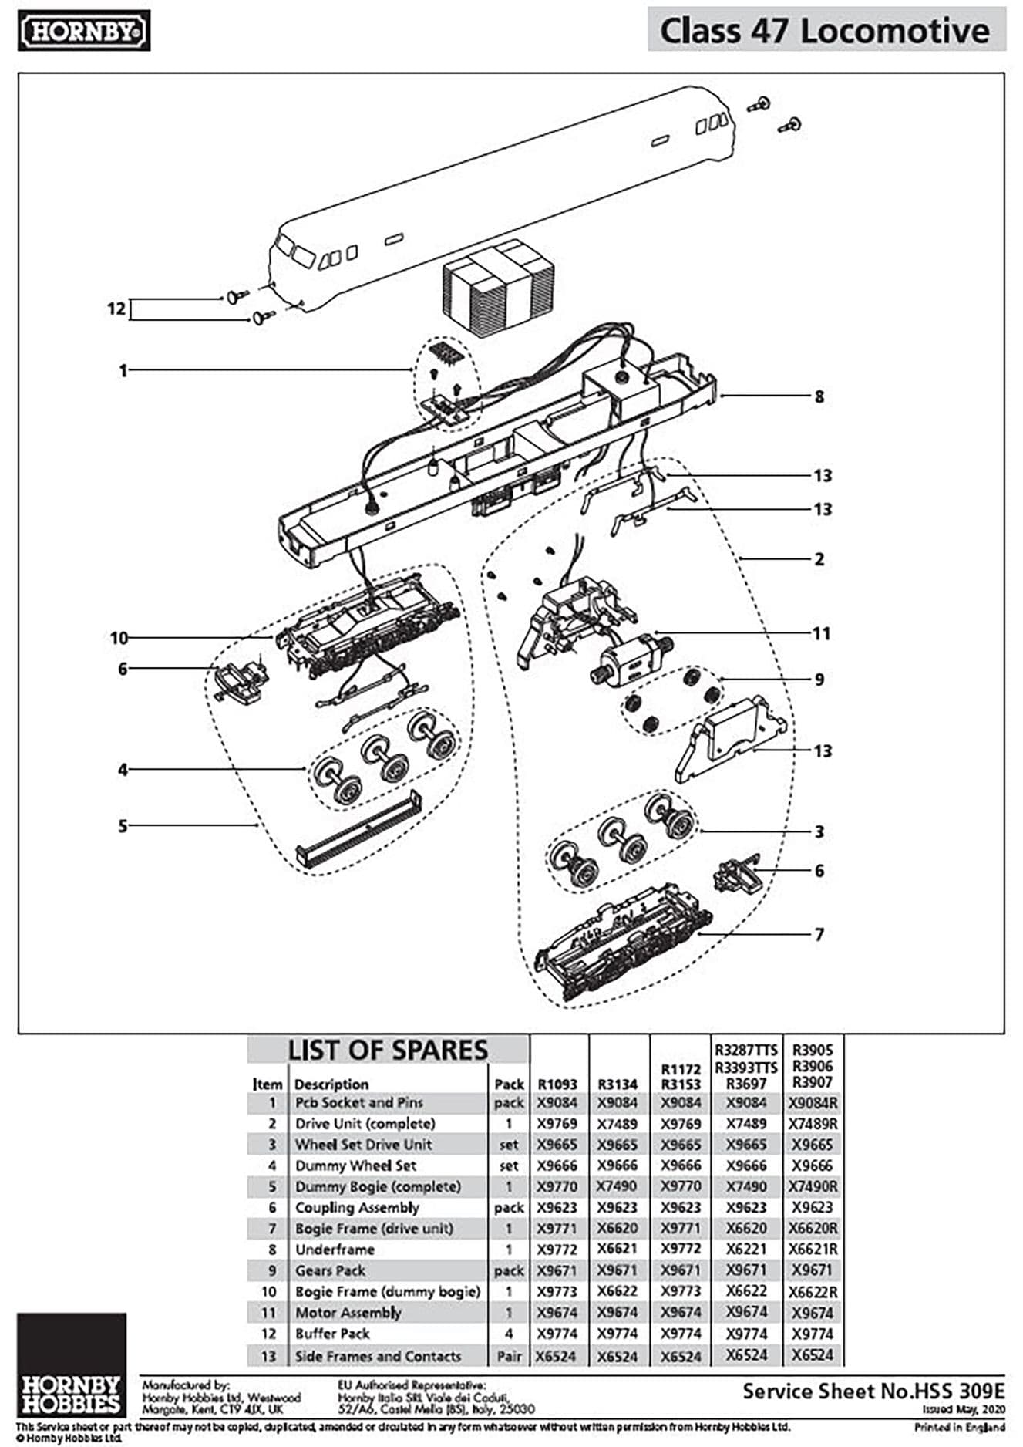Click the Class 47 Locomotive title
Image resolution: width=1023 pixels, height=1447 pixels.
point(825,31)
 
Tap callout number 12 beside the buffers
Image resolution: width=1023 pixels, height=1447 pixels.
point(116,309)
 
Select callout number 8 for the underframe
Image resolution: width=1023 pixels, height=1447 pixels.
point(819,396)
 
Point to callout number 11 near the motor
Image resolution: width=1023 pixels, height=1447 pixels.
point(821,633)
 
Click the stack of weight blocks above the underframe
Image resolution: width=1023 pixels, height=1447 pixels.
point(498,288)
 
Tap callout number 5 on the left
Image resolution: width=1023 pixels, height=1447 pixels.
point(123,826)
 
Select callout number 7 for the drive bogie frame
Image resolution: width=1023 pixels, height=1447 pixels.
point(819,935)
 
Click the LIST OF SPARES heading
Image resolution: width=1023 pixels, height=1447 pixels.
point(388,1051)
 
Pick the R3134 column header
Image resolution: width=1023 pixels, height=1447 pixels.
point(618,1084)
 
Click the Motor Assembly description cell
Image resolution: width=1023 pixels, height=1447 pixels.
point(348,1313)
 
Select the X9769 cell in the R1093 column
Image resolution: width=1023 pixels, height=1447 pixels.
point(557,1124)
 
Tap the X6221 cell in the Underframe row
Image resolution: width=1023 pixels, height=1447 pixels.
point(746,1250)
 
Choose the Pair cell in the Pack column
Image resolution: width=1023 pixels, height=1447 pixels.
point(509,1356)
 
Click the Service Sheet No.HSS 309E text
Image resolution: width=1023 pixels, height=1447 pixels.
point(873,1391)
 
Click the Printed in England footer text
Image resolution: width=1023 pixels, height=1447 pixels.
point(960,1428)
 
